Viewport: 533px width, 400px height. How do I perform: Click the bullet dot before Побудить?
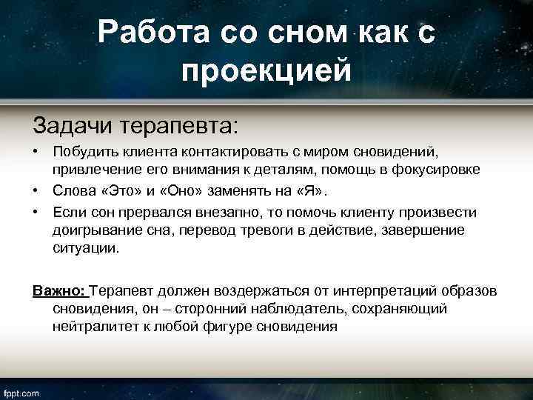36,152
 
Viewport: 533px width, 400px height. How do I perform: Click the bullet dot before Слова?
36,191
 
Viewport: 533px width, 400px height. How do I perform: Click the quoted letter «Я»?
308,191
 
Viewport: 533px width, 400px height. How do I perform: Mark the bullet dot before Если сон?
36,213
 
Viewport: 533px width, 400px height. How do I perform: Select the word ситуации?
84,249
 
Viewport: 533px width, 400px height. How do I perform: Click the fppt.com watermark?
22,393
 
